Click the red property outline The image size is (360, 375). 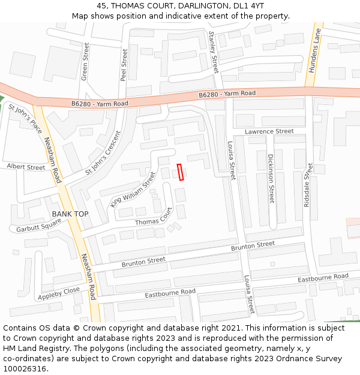(180, 172)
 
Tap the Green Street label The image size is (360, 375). (85, 61)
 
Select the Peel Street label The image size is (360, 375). (124, 65)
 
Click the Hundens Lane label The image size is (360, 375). (314, 50)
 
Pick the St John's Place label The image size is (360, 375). (25, 118)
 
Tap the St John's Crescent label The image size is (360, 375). (107, 153)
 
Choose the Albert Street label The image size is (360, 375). (26, 167)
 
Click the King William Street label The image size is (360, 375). (133, 190)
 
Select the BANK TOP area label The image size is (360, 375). (70, 214)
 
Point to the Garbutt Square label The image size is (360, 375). (38, 225)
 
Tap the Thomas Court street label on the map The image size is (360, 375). (154, 217)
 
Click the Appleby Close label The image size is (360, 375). (59, 293)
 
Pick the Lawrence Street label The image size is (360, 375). (269, 131)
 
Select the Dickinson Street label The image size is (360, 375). (271, 178)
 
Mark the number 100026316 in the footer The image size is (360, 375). (25, 369)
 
